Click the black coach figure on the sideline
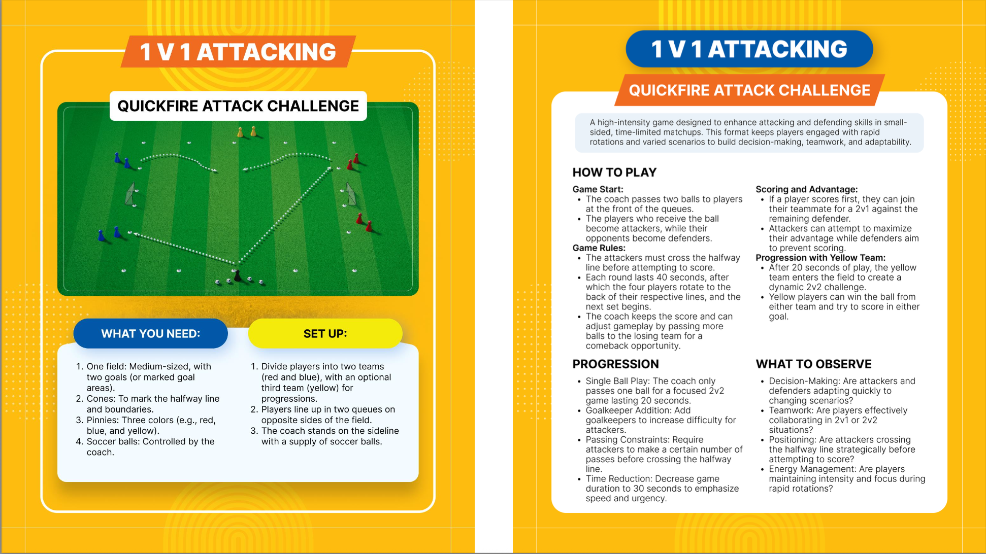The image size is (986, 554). [237, 276]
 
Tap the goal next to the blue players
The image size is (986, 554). [131, 194]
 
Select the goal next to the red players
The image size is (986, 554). [350, 194]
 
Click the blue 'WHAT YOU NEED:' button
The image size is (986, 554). [150, 334]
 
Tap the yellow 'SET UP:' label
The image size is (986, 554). [325, 334]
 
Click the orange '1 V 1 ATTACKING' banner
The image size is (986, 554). [238, 52]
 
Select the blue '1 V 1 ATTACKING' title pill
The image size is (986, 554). [749, 49]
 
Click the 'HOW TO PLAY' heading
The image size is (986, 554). [614, 172]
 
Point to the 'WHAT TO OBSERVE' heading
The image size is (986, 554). [813, 364]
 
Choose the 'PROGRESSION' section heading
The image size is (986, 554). [615, 364]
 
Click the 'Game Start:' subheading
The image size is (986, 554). [598, 189]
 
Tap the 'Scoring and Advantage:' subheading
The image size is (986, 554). [806, 189]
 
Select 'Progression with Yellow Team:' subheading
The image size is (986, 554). [820, 258]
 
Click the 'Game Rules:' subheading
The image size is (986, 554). [599, 248]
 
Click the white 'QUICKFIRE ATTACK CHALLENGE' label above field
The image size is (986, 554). [238, 106]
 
